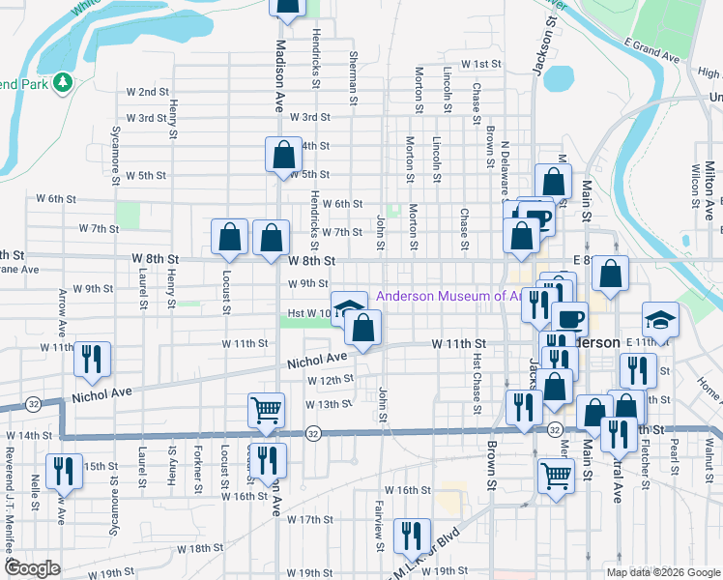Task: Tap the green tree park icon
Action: pos(65,83)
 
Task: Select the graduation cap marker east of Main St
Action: pos(661,320)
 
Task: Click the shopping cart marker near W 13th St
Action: pos(266,409)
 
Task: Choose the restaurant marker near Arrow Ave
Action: pos(93,360)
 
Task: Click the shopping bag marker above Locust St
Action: pos(230,238)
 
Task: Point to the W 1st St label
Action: pos(482,64)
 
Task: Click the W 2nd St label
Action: pos(149,92)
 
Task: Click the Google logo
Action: pos(33,568)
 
